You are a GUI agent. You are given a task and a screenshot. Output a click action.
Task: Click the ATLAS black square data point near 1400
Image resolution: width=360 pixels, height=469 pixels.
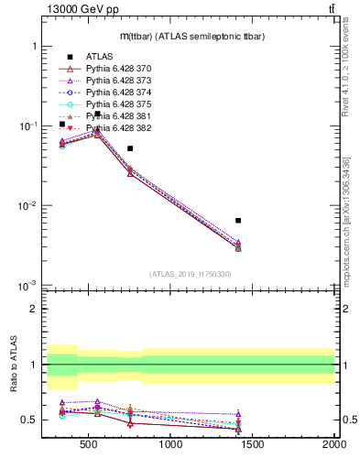point(238,221)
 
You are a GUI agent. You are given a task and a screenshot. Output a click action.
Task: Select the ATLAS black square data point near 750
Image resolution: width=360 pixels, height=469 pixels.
point(130,148)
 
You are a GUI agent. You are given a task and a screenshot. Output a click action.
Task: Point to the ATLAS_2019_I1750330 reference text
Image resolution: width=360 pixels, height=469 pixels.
point(191,274)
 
